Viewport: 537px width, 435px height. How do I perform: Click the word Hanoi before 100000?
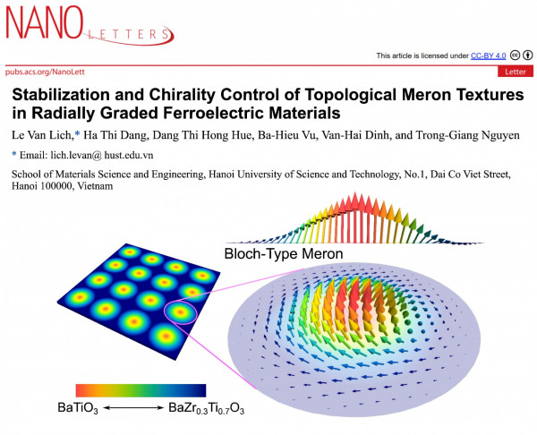[29, 190]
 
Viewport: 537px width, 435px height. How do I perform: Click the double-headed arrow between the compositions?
[139, 407]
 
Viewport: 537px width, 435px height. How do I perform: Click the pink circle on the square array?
[182, 313]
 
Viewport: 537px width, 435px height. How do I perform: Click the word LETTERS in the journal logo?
[132, 36]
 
